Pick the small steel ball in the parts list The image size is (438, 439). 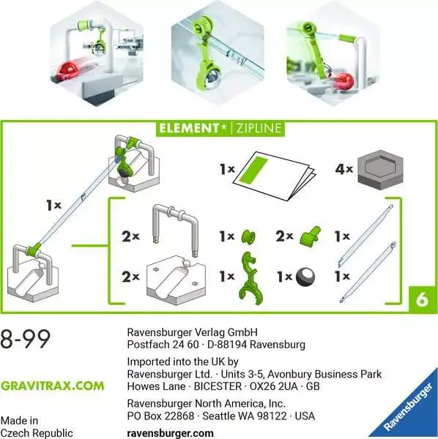305,277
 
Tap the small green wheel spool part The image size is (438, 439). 249,236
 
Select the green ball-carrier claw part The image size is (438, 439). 250,277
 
